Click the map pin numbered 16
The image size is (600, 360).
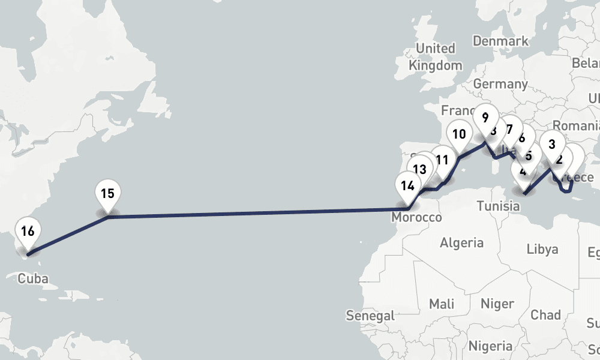28,231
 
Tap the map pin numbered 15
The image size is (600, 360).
107,194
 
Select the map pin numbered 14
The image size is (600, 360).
407,185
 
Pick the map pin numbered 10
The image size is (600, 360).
459,134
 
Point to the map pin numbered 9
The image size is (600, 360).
485,118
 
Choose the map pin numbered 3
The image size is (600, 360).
552,144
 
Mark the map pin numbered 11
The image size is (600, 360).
442,160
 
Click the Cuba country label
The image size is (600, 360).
33,278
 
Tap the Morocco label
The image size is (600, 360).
416,217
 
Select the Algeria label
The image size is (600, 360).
461,242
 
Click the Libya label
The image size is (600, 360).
542,248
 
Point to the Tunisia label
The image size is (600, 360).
498,206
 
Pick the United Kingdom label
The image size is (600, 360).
436,56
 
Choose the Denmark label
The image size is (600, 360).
500,41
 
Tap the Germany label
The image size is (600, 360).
500,84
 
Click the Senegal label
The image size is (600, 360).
370,315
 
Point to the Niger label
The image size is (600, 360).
497,304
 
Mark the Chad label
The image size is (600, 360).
545,314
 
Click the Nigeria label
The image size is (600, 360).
490,346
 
